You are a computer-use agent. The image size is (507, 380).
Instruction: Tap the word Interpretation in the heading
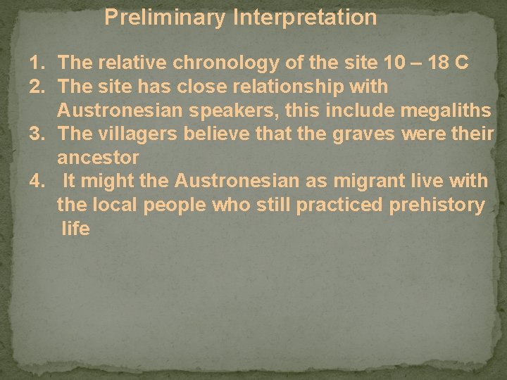pyautogui.click(x=304, y=17)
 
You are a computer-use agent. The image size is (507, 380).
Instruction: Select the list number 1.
pyautogui.click(x=37, y=63)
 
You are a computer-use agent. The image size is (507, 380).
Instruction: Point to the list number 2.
pyautogui.click(x=37, y=87)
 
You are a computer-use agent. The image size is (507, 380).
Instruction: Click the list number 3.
pyautogui.click(x=37, y=134)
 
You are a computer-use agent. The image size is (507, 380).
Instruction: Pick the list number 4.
pyautogui.click(x=37, y=182)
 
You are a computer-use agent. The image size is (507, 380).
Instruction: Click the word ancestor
pyautogui.click(x=99, y=158)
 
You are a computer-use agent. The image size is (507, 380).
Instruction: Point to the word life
pyautogui.click(x=75, y=229)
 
